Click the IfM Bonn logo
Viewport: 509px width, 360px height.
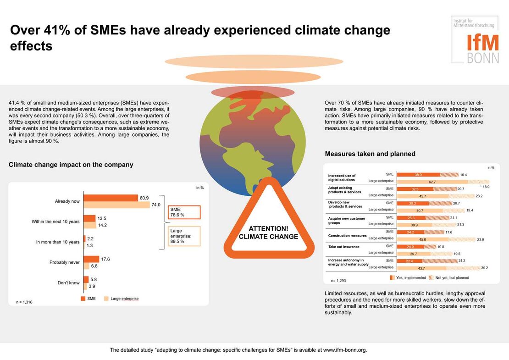pos(475,40)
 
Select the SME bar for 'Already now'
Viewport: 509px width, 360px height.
pos(110,198)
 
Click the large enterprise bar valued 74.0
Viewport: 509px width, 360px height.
pos(116,205)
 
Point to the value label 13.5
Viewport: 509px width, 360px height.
pos(101,218)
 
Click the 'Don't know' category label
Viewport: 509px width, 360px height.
pos(68,282)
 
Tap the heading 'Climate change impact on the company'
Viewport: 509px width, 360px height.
pos(71,165)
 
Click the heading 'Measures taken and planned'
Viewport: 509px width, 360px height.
pos(370,154)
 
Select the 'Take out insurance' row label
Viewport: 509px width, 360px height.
pos(343,247)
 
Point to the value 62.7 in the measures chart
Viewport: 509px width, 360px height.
pos(432,182)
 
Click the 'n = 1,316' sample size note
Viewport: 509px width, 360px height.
pos(24,302)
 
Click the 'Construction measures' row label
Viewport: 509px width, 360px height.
pos(347,236)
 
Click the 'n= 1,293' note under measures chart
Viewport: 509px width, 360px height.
pos(338,280)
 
